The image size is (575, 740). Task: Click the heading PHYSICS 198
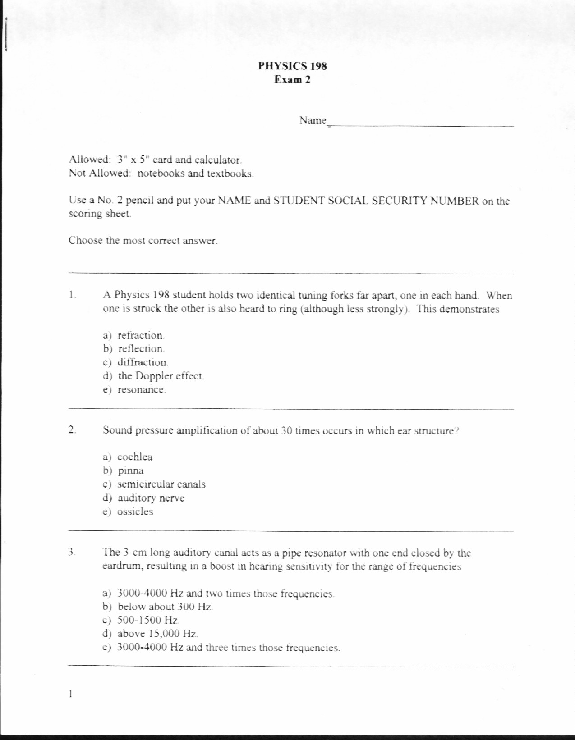(292, 66)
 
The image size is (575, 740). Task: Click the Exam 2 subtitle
(293, 80)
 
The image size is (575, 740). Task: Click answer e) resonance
(141, 389)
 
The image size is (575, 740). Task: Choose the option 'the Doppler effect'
(161, 376)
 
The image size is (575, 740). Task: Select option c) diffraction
(143, 362)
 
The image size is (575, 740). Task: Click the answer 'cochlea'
(135, 457)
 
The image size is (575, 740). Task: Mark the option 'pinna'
(131, 471)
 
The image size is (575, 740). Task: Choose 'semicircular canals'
(161, 484)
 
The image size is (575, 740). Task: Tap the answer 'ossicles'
(135, 512)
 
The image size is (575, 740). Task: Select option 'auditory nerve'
(151, 498)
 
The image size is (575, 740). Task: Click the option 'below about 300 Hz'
(165, 607)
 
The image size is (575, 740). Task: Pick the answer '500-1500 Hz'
(148, 620)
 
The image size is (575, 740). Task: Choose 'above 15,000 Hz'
(157, 634)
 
